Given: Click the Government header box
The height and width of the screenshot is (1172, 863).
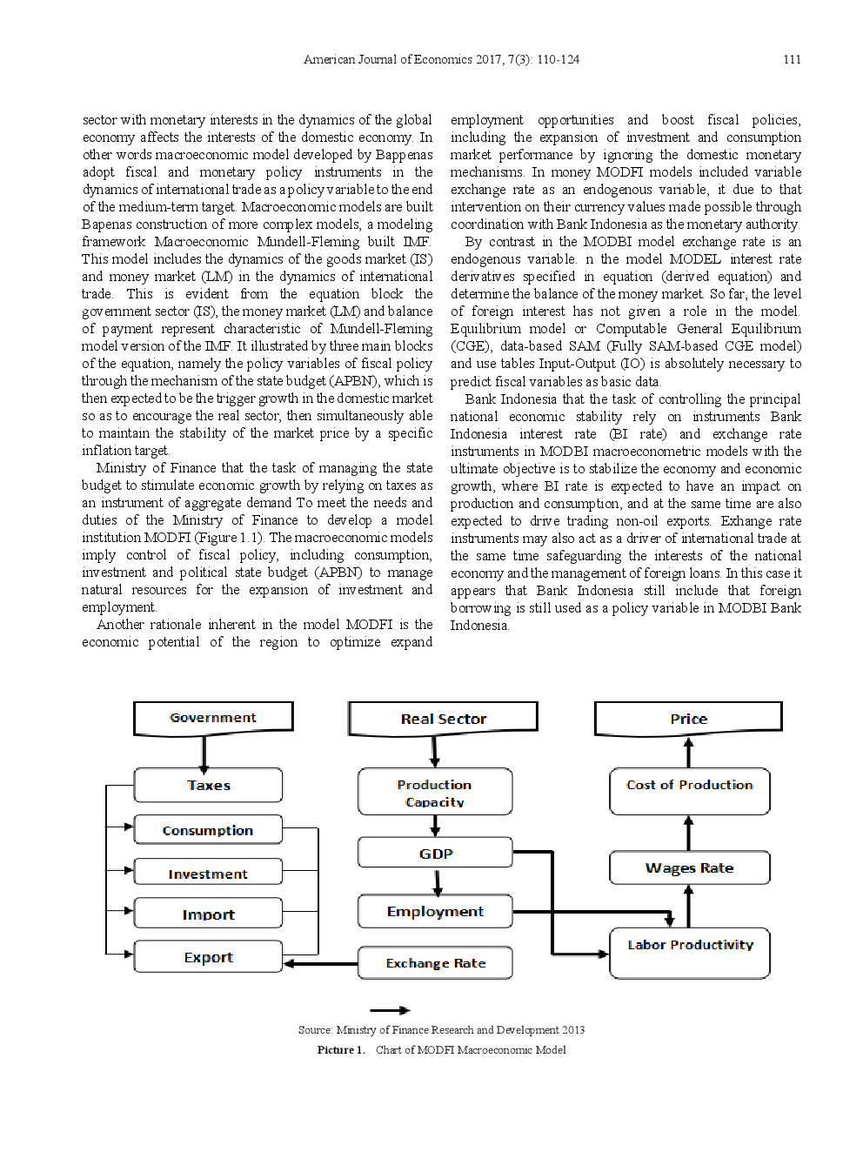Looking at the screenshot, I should point(213,718).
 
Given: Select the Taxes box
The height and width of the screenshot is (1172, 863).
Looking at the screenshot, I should point(209,785).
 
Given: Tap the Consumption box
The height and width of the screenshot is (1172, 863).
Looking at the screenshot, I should point(209,830).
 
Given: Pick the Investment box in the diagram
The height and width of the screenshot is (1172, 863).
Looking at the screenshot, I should point(209,873).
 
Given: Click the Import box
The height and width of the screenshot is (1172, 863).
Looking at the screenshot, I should point(209,914).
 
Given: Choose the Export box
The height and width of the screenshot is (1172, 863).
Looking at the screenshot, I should point(209,956).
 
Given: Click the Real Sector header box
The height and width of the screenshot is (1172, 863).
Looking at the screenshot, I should point(443,719).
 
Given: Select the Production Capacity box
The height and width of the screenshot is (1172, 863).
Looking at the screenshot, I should point(435,792).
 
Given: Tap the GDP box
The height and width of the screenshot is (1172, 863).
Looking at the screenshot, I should point(435,853).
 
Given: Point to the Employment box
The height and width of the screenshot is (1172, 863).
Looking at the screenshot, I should point(435,911).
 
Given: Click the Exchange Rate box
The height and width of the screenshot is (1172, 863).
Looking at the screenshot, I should point(435,963).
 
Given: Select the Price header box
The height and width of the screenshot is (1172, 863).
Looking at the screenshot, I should point(688,719).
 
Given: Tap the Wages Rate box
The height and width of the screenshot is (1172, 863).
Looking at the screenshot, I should point(689,867).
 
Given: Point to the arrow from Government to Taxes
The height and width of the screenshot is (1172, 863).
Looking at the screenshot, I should point(204,753).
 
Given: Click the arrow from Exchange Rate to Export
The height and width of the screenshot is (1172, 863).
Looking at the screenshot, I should point(320,963).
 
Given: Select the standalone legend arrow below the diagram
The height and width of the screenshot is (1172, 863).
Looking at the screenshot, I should point(390,1010).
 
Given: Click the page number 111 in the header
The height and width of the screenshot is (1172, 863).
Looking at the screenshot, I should point(792,59).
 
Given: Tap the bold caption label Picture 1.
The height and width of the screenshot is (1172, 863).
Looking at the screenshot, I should point(340,1050).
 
